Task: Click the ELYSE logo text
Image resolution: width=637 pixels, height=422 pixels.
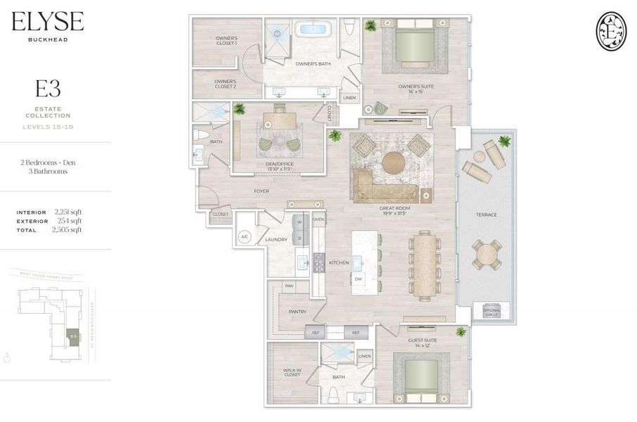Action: [x=47, y=22]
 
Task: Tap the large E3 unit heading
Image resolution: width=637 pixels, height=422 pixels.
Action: [x=48, y=89]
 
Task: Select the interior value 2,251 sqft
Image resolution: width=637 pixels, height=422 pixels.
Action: [x=68, y=212]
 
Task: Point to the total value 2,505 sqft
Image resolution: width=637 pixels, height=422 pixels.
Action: [x=68, y=229]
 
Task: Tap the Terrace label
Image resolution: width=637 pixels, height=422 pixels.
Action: [x=487, y=215]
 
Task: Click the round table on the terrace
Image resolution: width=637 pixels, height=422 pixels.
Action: [x=487, y=255]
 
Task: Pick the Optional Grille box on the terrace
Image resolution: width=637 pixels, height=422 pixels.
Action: [x=491, y=312]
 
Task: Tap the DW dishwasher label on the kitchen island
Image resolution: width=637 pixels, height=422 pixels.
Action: [x=358, y=279]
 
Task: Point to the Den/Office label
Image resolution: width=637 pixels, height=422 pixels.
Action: [x=278, y=166]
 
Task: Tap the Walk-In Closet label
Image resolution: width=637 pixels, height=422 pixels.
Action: [x=291, y=372]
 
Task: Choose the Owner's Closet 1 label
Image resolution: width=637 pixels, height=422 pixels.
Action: [x=226, y=41]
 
